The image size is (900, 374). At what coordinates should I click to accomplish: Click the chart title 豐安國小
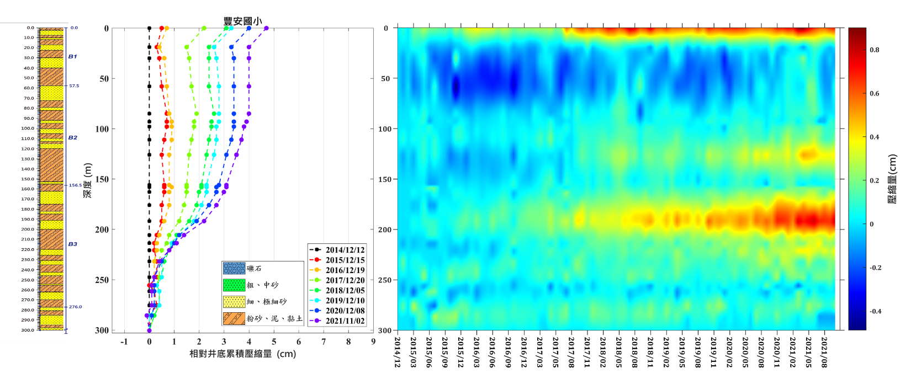[242, 22]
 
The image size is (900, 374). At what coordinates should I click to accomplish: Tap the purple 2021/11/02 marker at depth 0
[266, 28]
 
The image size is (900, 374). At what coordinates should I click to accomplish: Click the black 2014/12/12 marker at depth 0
[149, 28]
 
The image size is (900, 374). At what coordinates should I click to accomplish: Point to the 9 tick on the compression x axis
[373, 342]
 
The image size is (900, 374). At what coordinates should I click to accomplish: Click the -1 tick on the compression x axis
[124, 342]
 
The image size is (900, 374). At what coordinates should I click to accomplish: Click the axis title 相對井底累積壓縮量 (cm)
[242, 354]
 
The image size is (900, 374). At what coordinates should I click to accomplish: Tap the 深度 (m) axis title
[88, 180]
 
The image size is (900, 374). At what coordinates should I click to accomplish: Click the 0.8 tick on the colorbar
[875, 50]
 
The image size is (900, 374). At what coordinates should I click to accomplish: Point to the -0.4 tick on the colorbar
[875, 312]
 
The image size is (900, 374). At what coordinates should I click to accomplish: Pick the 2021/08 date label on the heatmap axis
[824, 352]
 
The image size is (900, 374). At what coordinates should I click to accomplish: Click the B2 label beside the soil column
[73, 138]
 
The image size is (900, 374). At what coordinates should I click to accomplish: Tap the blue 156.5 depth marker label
[75, 185]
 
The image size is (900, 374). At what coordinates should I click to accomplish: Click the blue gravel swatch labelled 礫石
[234, 269]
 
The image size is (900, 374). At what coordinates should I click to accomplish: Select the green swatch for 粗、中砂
[234, 285]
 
